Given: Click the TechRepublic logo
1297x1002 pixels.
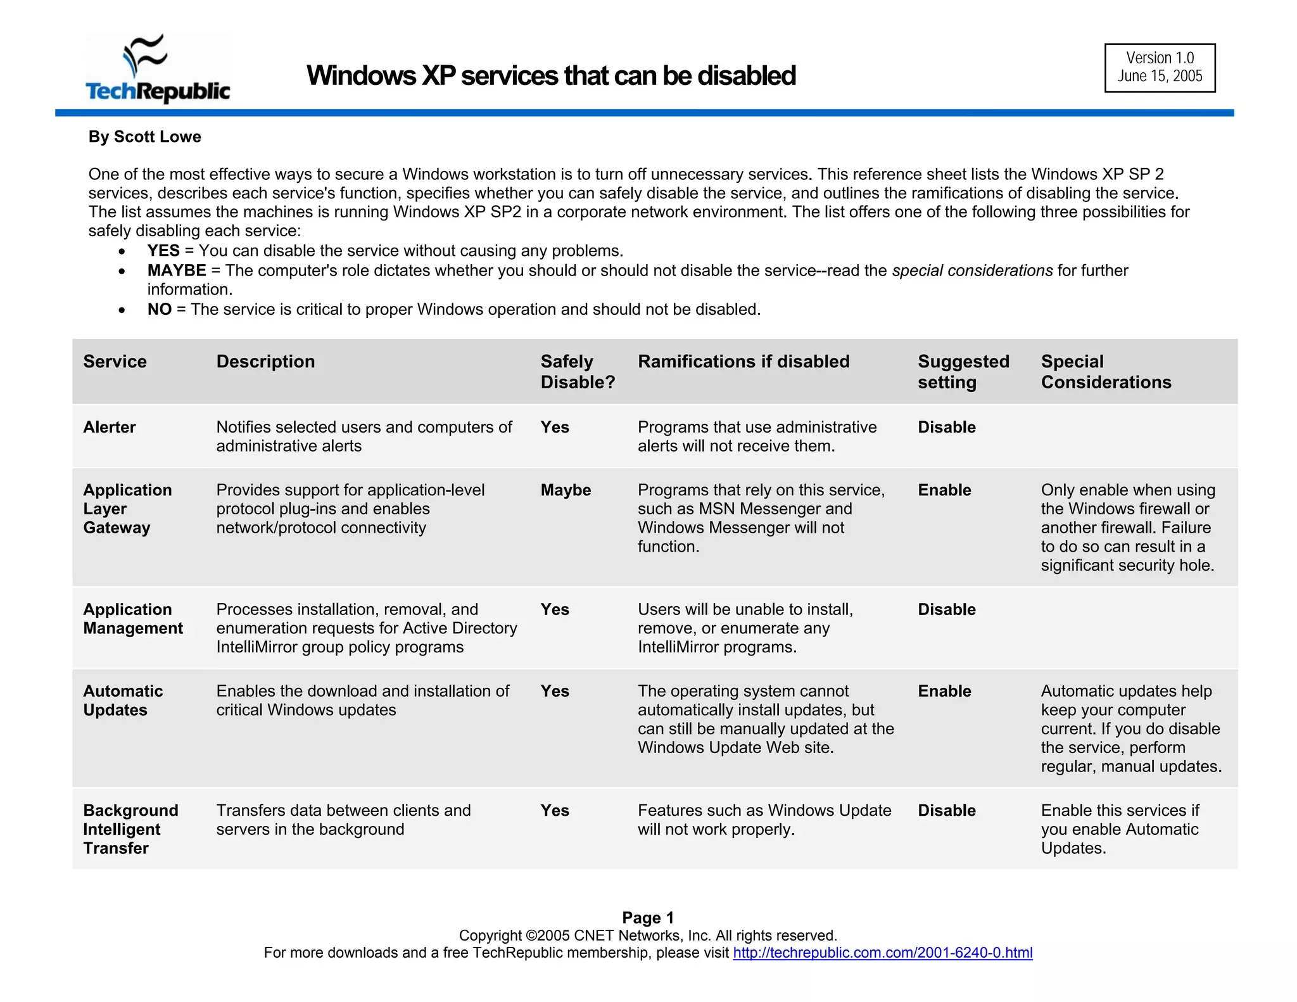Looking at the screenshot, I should [x=158, y=68].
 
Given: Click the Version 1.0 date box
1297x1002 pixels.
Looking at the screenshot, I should [x=1159, y=68].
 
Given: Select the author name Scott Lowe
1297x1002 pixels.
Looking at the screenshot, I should [x=157, y=137].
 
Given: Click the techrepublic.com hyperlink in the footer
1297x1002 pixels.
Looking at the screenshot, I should [x=882, y=953].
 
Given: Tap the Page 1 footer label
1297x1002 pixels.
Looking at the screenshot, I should [x=647, y=917].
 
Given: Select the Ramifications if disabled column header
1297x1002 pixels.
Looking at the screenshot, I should [x=743, y=362].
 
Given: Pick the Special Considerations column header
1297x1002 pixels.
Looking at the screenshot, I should [x=1105, y=372].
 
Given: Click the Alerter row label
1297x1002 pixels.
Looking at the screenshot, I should [x=109, y=428].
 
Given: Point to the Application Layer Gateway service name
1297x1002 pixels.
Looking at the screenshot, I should [x=127, y=509].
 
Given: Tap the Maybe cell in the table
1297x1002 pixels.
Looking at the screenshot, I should [x=565, y=490].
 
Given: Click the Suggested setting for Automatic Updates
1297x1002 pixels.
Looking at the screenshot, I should [x=944, y=691].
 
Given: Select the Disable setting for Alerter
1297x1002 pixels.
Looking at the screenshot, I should [x=946, y=428].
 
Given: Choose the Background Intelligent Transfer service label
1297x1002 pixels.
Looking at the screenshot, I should [x=130, y=829].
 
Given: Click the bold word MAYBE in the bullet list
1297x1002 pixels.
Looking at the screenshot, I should [x=176, y=271].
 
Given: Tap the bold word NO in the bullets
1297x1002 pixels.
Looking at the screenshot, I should [x=159, y=310].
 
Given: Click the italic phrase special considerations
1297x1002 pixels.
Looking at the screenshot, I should [x=971, y=271].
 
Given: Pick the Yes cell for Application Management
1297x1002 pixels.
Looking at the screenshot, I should [x=554, y=609].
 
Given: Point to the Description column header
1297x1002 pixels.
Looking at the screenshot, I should [x=265, y=362].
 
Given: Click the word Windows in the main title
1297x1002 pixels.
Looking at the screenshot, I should [x=360, y=75].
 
